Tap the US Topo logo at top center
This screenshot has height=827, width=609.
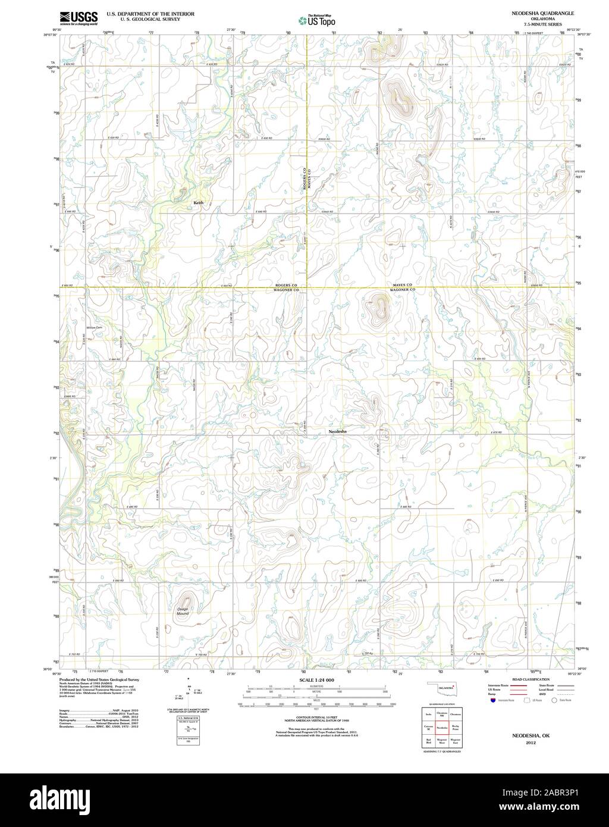coord(317,21)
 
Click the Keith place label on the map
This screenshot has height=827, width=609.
coord(198,203)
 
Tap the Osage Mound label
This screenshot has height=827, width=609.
coord(183,611)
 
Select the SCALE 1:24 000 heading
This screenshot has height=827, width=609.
coord(316,679)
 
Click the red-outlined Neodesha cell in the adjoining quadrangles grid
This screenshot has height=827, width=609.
coord(442,727)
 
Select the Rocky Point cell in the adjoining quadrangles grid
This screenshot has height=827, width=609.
coord(456,727)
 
